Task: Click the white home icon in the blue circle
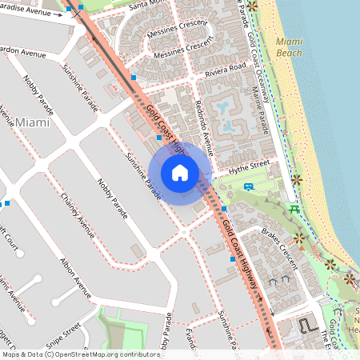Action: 180,172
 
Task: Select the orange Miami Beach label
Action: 288,46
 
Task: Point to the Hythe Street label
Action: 250,165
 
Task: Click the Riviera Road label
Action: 225,70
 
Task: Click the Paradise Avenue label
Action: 32,11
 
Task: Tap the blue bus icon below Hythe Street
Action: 249,187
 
